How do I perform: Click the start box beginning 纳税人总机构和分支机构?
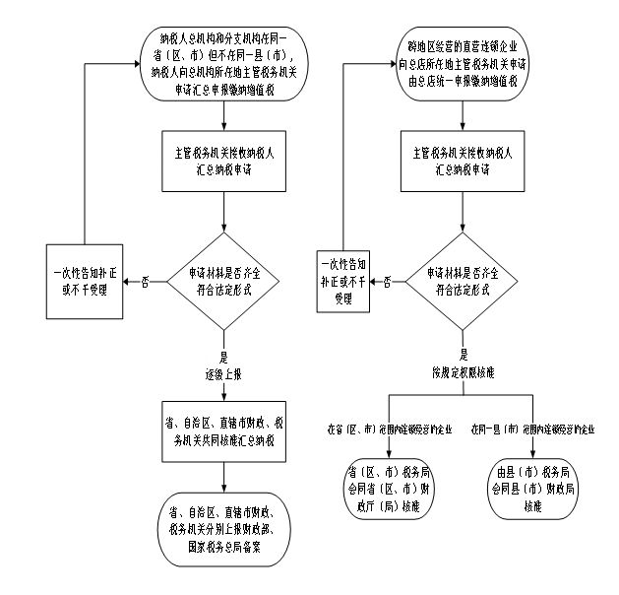(223, 64)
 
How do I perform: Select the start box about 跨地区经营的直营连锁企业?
(462, 64)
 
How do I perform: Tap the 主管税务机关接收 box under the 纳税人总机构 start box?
(224, 162)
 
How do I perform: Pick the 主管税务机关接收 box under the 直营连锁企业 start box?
(462, 162)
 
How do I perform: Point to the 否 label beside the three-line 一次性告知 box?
(387, 282)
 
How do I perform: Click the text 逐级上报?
(224, 374)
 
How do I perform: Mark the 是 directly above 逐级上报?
(224, 359)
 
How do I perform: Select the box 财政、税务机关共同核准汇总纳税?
(224, 431)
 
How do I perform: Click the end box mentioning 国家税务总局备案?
(224, 529)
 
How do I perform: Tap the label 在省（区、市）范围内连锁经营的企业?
(389, 430)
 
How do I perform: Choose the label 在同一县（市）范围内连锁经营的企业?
(532, 430)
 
